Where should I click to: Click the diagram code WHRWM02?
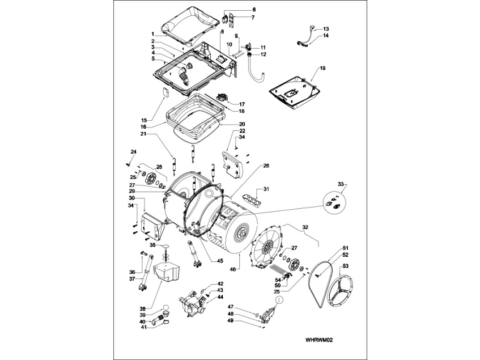click(x=318, y=340)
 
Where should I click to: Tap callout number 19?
click(x=322, y=68)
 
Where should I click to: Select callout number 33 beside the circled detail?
click(x=341, y=185)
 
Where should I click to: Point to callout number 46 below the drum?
click(x=233, y=270)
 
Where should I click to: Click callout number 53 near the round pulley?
click(x=345, y=266)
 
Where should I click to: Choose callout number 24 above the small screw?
click(x=134, y=152)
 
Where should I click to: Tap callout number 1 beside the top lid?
click(x=152, y=34)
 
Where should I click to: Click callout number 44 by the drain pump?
click(x=220, y=297)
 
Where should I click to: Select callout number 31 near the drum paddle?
click(x=266, y=189)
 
